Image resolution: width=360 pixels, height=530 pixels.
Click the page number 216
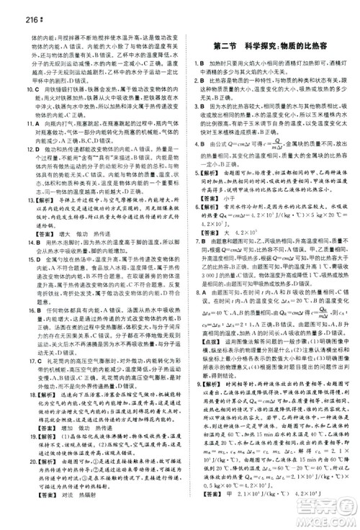(14, 8)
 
